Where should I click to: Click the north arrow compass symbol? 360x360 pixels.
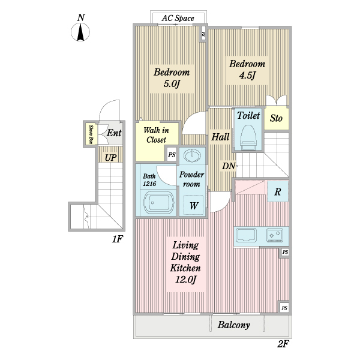[x=80, y=32]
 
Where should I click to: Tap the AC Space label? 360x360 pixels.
[x=178, y=18]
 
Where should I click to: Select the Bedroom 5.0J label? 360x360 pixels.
[x=172, y=78]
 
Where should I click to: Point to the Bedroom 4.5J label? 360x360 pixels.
[x=247, y=70]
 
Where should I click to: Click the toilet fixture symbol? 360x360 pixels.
[x=248, y=137]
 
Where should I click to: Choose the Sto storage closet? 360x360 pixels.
[x=276, y=118]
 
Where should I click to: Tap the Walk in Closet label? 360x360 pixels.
[x=156, y=135]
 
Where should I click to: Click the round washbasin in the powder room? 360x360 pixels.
[x=193, y=155]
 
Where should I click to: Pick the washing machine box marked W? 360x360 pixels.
[x=194, y=205]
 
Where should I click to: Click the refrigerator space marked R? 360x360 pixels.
[x=278, y=191]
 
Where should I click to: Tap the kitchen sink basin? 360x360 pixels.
[x=246, y=235]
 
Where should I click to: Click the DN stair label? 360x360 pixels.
[x=229, y=166]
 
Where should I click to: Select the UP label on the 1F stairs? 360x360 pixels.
[x=110, y=158]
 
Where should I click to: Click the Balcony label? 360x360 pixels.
[x=233, y=325]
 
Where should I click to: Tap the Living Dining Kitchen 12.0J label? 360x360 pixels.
[x=185, y=262]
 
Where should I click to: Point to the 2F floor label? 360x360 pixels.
[x=283, y=344]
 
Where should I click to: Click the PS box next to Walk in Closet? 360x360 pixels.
[x=172, y=155]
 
